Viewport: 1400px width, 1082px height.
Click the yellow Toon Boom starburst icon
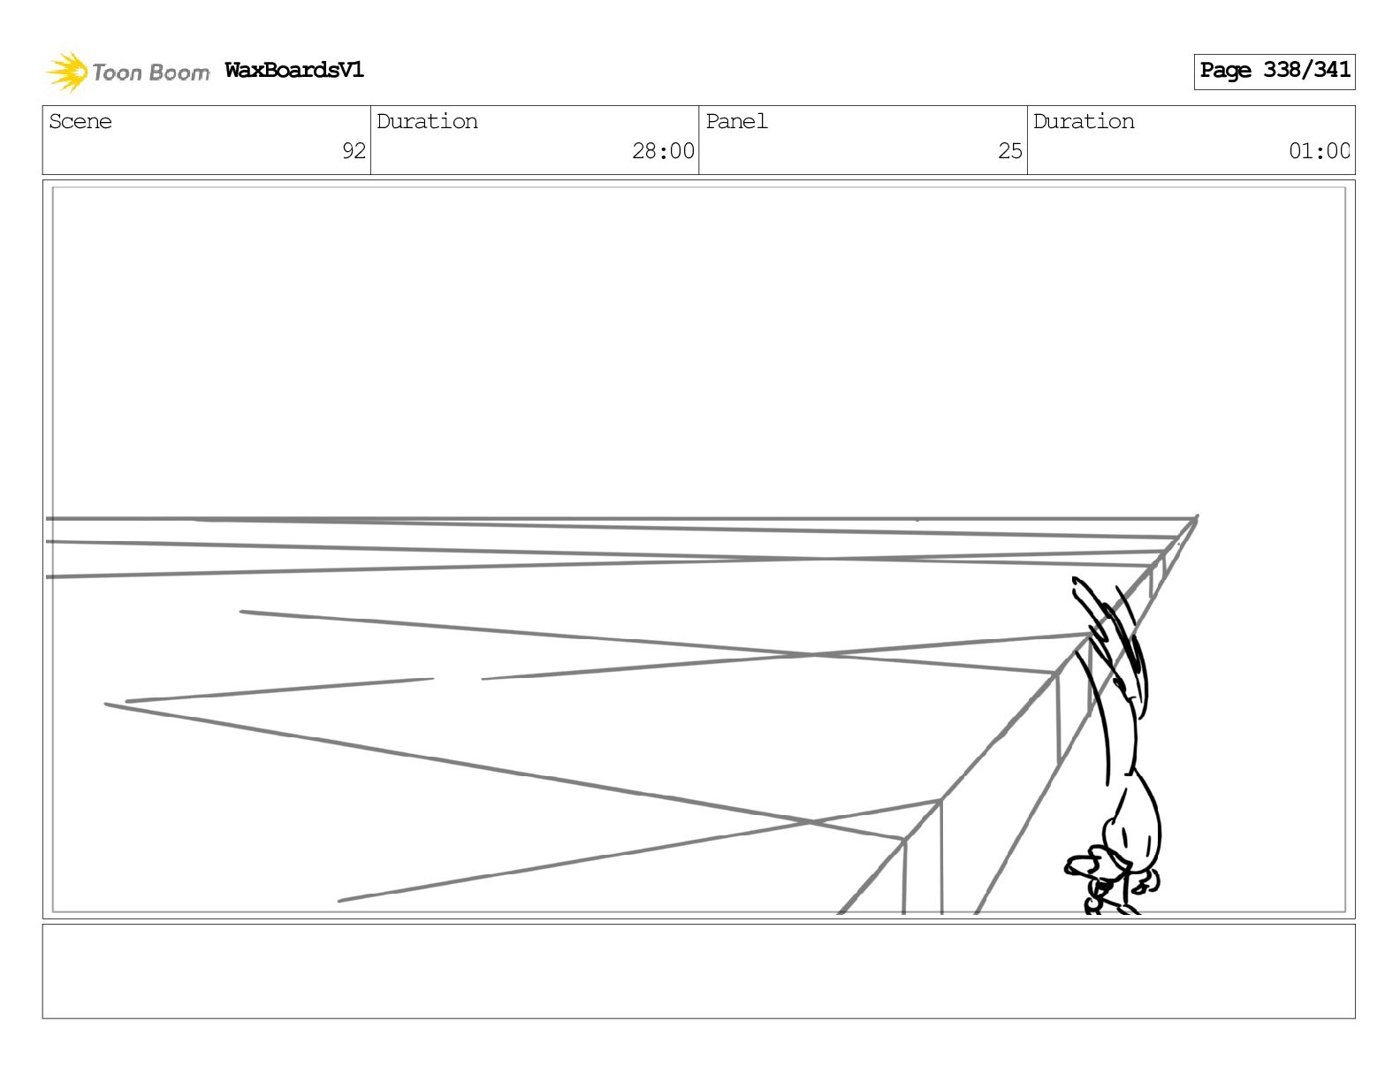(66, 72)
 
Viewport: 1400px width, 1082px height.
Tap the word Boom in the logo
(179, 72)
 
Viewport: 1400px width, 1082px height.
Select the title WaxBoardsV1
(294, 70)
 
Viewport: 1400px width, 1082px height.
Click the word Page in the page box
(1226, 71)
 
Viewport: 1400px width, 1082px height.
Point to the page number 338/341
(1306, 70)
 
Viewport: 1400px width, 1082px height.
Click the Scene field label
(80, 122)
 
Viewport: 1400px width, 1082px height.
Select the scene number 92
(354, 151)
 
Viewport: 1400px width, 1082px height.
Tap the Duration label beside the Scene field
(427, 122)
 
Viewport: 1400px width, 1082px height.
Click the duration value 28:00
(663, 151)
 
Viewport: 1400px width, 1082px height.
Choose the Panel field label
(736, 122)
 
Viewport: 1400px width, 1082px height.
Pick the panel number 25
(1010, 151)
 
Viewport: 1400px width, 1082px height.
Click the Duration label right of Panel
(1084, 122)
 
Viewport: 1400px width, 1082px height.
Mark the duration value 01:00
(1319, 151)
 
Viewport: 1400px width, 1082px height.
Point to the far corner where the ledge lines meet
(1197, 518)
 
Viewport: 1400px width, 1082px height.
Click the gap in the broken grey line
(457, 679)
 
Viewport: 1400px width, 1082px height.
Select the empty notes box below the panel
(698, 971)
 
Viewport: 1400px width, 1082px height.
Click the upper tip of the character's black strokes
(1077, 581)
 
